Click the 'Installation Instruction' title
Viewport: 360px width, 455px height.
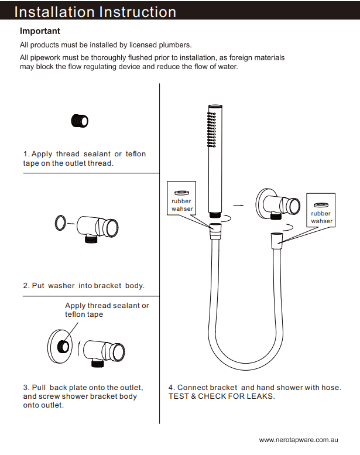(95, 12)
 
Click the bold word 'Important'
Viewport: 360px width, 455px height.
(40, 31)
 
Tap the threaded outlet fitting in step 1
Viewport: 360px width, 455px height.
(80, 120)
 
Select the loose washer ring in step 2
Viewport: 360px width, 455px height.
(59, 223)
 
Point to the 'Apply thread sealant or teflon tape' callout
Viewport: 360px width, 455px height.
(107, 310)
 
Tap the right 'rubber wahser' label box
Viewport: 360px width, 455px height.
(321, 210)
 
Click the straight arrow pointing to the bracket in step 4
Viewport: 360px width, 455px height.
(238, 206)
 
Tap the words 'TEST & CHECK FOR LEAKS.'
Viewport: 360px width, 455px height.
(221, 396)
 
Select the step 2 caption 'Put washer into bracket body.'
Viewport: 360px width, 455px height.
(84, 286)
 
